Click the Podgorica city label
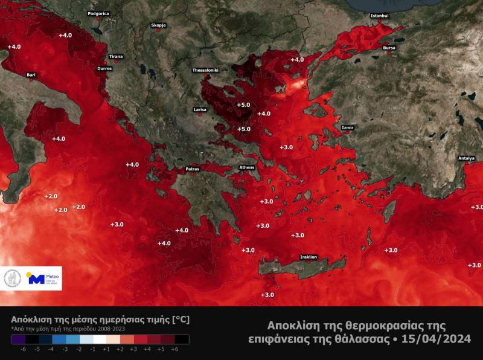(98, 13)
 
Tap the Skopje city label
(158, 25)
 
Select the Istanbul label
(380, 15)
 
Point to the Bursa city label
(389, 48)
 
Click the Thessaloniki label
(205, 70)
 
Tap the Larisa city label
(200, 110)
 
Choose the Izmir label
(348, 128)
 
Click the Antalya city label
(466, 158)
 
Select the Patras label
(191, 169)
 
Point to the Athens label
(248, 167)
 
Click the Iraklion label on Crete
(309, 257)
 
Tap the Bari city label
(31, 75)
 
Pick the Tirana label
(116, 57)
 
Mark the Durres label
(104, 68)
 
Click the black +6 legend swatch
(182, 339)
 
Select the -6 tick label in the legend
(23, 349)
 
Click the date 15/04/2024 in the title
(433, 339)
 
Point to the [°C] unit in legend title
(182, 318)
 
